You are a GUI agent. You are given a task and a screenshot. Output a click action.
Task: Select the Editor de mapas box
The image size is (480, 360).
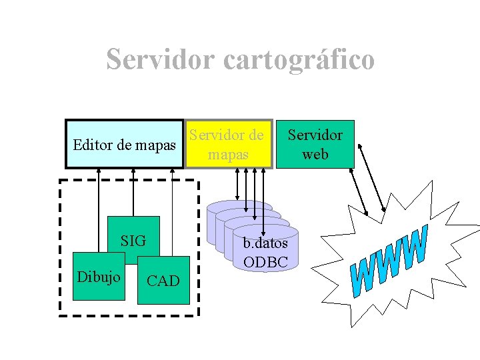point(124,144)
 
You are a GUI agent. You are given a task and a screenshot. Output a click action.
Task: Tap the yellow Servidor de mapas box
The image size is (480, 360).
point(229,144)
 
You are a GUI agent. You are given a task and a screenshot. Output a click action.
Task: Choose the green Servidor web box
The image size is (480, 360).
point(315,144)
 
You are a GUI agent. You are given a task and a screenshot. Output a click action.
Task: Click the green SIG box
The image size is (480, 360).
point(133,240)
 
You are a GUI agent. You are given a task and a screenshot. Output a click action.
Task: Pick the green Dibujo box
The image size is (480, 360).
point(99,276)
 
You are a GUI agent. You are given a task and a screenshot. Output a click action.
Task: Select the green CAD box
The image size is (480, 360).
point(163,281)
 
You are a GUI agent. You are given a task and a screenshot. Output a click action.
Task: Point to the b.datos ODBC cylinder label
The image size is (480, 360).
point(265,252)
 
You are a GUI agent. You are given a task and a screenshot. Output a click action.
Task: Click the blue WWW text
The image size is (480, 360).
point(389,261)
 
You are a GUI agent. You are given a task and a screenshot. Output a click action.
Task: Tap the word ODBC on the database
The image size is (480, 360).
point(265,262)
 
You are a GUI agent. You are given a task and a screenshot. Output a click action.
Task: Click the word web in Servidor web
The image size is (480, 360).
point(315,154)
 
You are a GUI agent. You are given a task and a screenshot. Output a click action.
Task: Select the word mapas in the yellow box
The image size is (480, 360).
point(229,154)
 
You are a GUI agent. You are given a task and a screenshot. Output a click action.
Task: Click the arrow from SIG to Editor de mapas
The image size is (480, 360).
point(133,193)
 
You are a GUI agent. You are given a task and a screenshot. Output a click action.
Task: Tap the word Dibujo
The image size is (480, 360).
point(99,276)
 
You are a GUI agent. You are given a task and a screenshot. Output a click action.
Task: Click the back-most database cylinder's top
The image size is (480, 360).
point(240,205)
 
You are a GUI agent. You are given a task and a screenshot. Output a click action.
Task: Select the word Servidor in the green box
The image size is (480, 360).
point(315,135)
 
